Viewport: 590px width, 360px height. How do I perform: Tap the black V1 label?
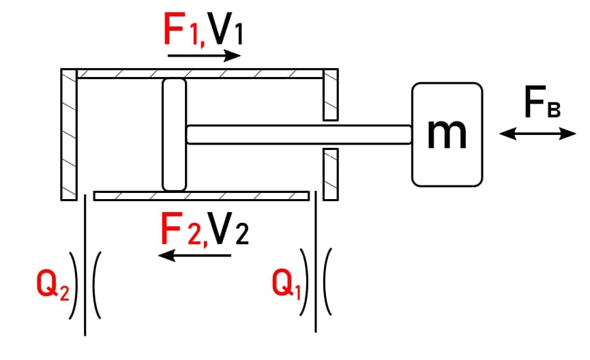point(223,29)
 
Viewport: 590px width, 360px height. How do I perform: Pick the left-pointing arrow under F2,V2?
point(194,256)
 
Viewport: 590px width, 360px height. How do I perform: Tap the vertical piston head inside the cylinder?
point(174,134)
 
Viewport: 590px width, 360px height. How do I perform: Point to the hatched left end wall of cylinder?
point(68,134)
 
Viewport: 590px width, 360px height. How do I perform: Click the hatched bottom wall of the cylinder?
point(201,196)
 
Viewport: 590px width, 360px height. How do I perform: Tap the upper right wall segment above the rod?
point(330,95)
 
